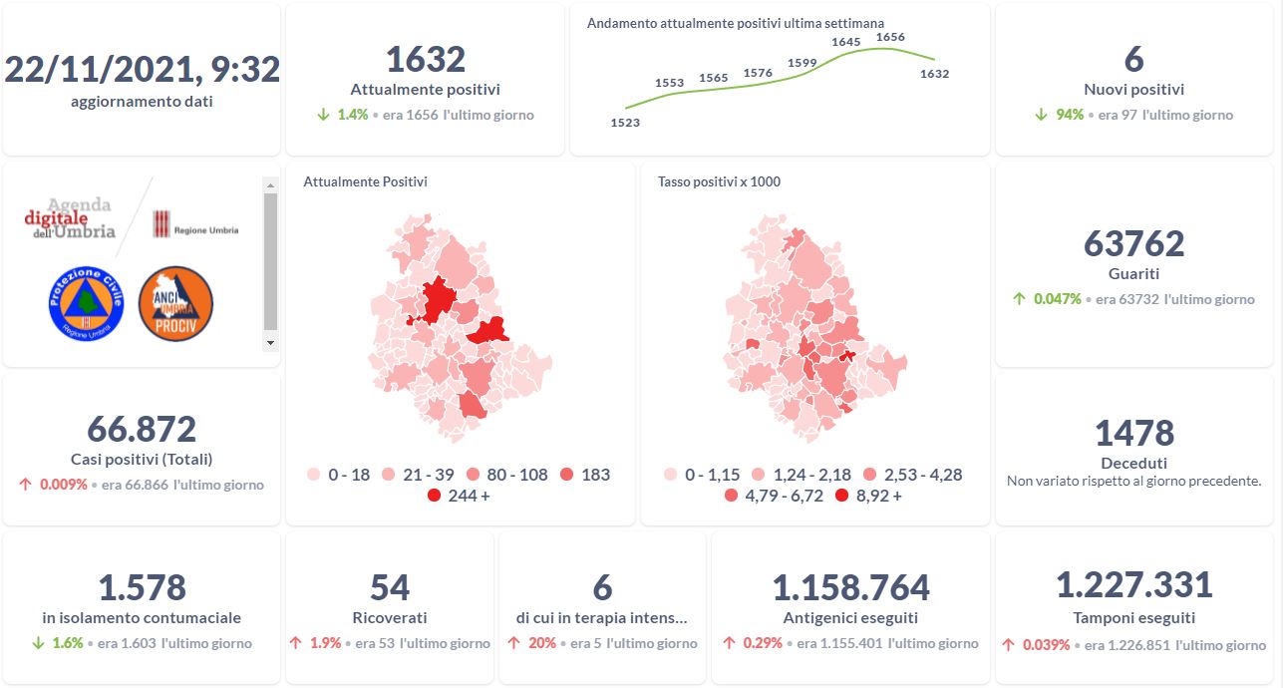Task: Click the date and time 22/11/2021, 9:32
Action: (142, 69)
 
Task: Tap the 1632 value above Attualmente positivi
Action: (425, 60)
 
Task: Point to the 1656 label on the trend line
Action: (889, 37)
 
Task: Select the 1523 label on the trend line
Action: (625, 123)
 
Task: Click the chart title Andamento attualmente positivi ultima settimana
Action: (736, 23)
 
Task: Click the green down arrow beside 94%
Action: (1041, 115)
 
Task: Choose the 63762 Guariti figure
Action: (1133, 243)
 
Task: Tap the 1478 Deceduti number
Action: (1133, 434)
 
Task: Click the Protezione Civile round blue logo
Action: (85, 302)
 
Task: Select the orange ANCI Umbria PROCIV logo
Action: (175, 303)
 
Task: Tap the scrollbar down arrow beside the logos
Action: (270, 342)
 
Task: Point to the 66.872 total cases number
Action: (142, 429)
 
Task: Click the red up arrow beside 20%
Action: (513, 643)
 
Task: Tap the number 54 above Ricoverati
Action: (390, 588)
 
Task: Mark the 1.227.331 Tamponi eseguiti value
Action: (1133, 585)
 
